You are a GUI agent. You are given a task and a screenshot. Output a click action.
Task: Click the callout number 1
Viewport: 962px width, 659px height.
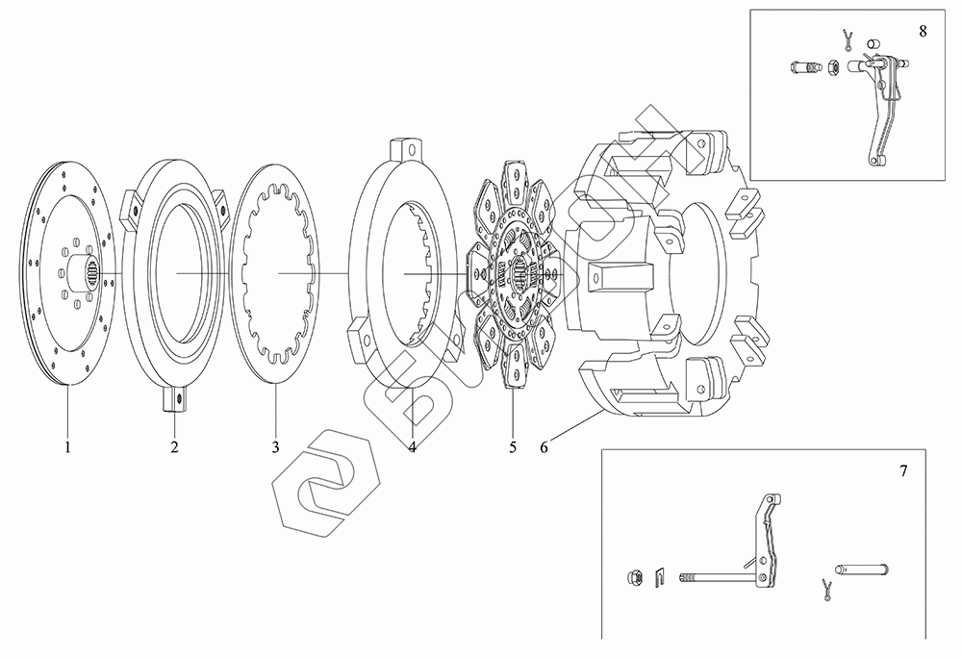tap(68, 447)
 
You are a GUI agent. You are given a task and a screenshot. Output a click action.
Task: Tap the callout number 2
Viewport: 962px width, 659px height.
tap(175, 447)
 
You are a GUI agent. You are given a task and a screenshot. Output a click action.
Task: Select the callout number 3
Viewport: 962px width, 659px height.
tap(275, 447)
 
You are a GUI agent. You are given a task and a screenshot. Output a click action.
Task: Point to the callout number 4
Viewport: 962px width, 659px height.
tap(412, 447)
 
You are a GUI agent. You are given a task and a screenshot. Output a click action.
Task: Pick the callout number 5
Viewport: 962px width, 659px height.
tap(513, 447)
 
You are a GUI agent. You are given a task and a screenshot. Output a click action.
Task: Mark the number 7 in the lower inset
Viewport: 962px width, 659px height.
tap(902, 471)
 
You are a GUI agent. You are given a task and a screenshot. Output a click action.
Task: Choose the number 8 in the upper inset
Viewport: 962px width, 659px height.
tap(923, 29)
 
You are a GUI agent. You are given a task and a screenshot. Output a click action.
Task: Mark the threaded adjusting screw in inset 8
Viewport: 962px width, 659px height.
tap(803, 69)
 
